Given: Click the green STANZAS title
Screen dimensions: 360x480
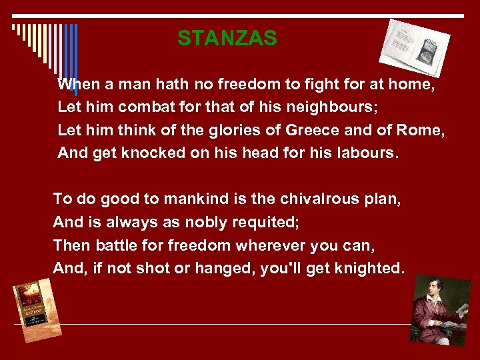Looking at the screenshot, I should click(227, 39).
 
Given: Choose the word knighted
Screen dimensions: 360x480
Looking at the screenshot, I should click(370, 269).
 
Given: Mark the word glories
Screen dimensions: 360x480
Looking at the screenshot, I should click(193, 131).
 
